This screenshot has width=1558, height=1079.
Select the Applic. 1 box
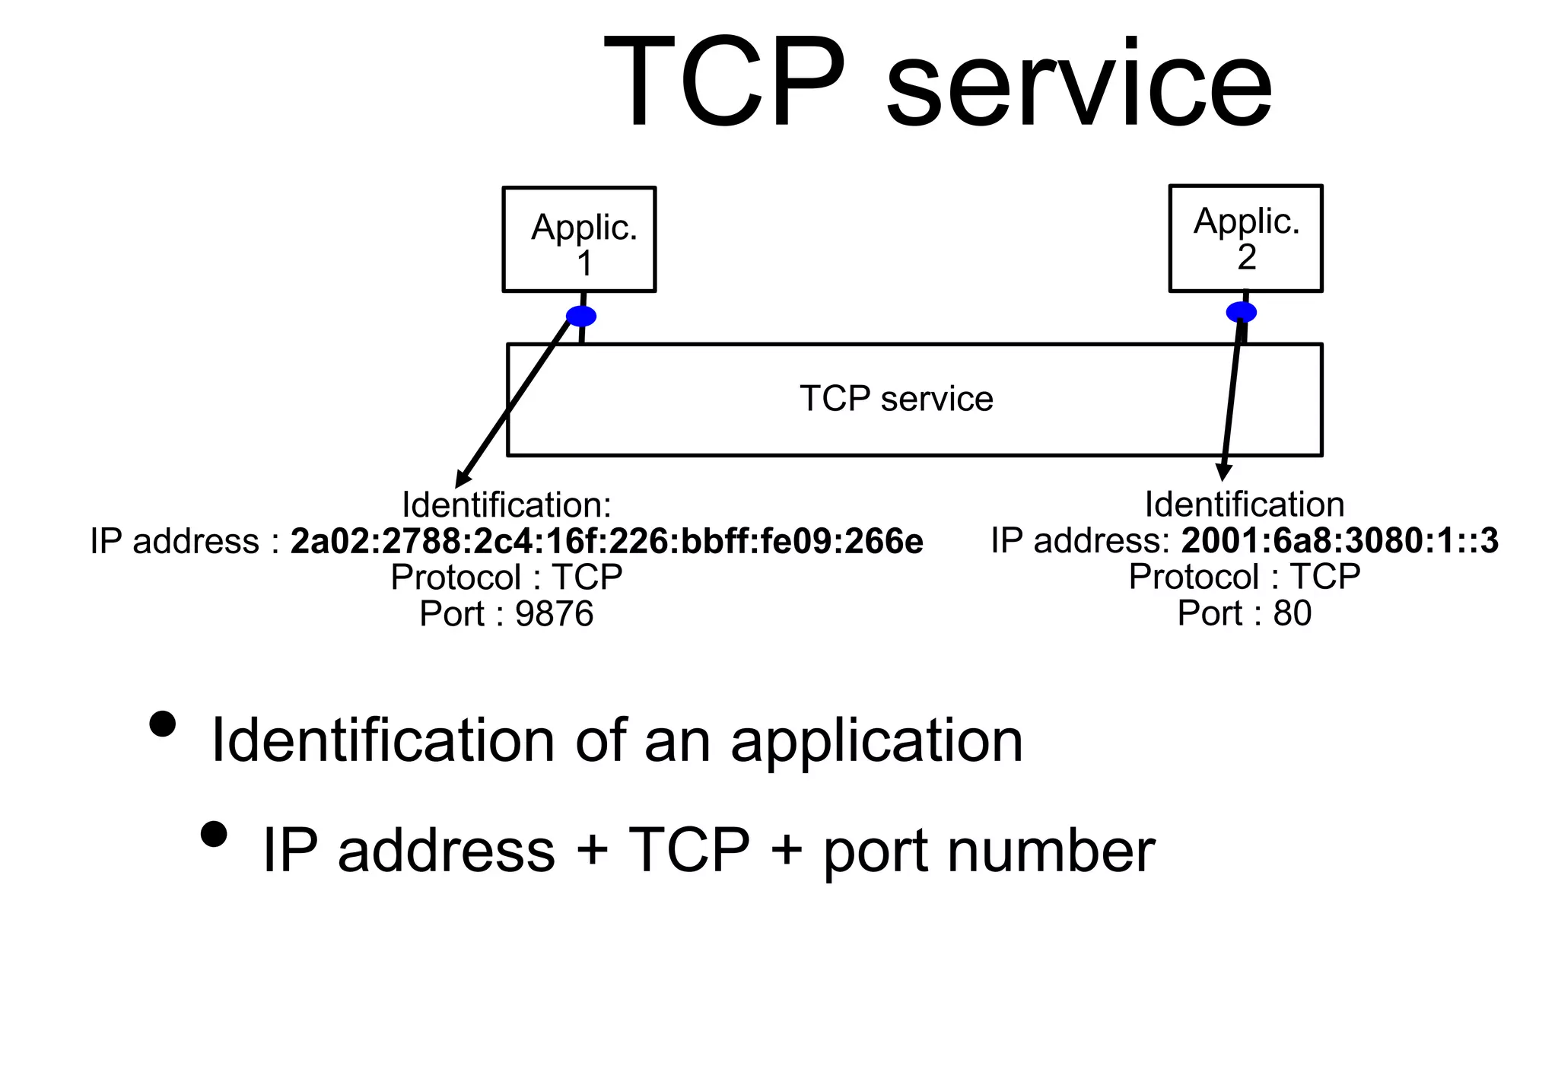[x=579, y=239]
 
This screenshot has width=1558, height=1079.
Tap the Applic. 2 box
[x=1245, y=237]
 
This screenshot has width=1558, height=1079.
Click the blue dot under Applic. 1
[x=581, y=316]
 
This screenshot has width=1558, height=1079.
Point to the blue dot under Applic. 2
[x=1241, y=312]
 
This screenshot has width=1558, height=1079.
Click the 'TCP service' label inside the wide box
[x=896, y=399]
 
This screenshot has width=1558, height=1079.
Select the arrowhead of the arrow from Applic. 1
[x=461, y=480]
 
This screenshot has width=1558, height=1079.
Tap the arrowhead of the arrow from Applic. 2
[x=1223, y=472]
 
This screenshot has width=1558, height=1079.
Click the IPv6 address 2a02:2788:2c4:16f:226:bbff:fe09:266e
[x=606, y=541]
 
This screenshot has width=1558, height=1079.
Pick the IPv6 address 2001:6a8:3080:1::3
[x=1340, y=540]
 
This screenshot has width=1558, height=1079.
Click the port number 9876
[x=554, y=614]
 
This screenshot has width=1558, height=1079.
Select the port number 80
[x=1293, y=613]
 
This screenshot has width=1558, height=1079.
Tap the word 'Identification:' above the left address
[x=506, y=504]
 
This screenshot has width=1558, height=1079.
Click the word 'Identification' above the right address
[x=1245, y=504]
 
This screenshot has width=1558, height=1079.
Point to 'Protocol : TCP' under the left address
[x=506, y=578]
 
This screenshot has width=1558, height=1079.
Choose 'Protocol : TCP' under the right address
[x=1245, y=577]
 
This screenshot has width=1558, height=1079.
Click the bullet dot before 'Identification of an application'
[x=163, y=724]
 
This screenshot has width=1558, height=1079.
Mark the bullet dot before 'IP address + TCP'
[x=215, y=834]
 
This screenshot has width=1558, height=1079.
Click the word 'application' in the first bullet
[x=876, y=741]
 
